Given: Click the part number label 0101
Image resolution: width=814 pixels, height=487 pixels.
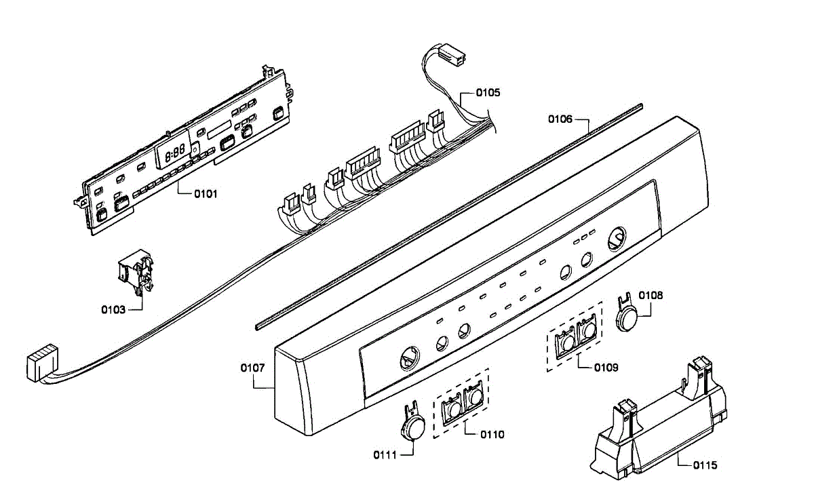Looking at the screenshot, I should pyautogui.click(x=206, y=194).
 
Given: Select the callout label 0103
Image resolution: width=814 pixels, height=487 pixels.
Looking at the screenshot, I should pyautogui.click(x=113, y=310).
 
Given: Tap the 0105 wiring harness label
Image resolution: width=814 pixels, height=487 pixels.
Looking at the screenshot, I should pyautogui.click(x=487, y=93).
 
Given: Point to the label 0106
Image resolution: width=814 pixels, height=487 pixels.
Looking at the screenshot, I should pyautogui.click(x=560, y=119).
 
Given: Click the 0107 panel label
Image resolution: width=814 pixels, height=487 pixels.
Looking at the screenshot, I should pyautogui.click(x=252, y=368).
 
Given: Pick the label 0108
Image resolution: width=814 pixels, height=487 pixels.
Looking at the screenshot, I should pyautogui.click(x=651, y=296).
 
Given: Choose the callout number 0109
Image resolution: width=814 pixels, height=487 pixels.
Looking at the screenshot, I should pyautogui.click(x=606, y=368).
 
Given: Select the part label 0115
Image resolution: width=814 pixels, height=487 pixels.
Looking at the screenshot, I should pyautogui.click(x=705, y=465).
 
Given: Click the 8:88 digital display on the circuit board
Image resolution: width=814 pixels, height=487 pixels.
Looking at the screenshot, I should pyautogui.click(x=176, y=153).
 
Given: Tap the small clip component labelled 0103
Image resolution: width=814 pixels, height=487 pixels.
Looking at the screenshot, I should pyautogui.click(x=135, y=274).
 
